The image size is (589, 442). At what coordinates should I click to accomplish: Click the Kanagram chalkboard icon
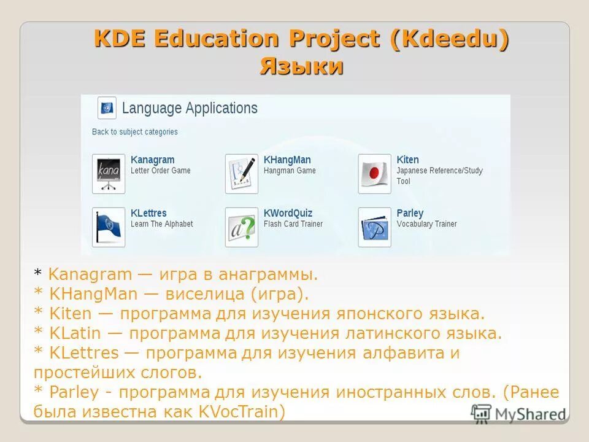[109, 174]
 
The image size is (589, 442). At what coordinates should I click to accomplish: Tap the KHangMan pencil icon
[241, 174]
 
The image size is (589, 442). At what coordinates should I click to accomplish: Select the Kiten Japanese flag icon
[374, 174]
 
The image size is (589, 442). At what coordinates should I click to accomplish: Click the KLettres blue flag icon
[109, 227]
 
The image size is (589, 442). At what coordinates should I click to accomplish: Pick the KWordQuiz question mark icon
[241, 227]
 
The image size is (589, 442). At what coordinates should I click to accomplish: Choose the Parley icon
[374, 227]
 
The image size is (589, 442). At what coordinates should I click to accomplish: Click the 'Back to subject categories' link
[135, 131]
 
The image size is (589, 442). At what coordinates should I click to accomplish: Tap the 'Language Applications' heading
[190, 109]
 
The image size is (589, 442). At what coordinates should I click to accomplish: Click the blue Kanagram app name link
[152, 160]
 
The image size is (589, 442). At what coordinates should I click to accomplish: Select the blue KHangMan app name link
[287, 160]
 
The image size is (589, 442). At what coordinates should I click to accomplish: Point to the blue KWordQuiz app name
[288, 213]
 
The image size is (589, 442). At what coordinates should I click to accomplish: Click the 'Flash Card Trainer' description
[293, 224]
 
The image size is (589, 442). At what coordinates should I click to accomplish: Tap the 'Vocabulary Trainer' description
[426, 224]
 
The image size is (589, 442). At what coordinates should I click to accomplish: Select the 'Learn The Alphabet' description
[161, 224]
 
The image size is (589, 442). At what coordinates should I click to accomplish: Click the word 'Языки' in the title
[301, 66]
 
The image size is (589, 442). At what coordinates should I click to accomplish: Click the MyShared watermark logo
[518, 413]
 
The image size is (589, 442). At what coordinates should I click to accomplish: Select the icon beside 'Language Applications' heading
[107, 108]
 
